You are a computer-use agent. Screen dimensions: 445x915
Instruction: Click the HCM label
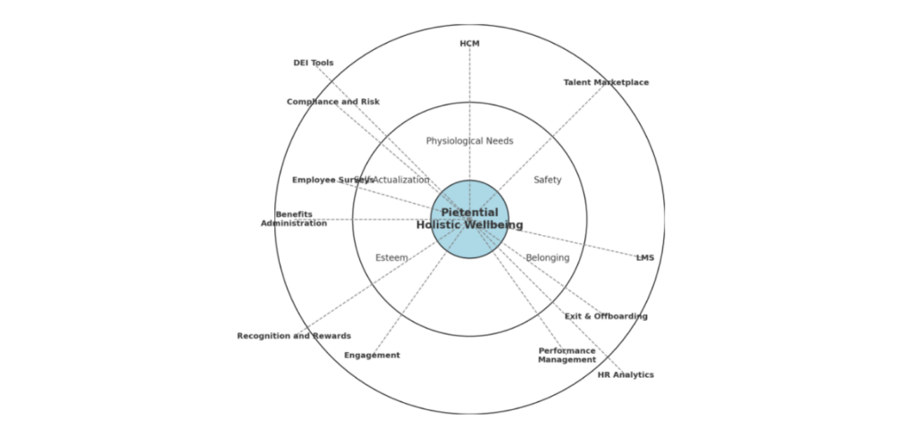pos(469,44)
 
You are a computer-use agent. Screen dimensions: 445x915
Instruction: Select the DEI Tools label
pos(314,63)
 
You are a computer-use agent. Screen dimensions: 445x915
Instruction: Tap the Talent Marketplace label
pos(606,83)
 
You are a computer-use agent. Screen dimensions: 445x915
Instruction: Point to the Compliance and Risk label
pos(332,102)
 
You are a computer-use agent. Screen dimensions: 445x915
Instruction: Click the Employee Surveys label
pos(332,181)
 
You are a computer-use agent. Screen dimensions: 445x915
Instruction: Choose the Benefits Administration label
pos(294,219)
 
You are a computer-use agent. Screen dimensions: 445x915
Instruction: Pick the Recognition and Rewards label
pos(294,337)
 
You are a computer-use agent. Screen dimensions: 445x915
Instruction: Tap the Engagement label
pos(372,356)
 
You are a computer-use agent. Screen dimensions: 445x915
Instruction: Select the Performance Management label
pos(567,356)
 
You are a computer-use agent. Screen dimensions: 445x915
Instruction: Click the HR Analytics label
pos(625,375)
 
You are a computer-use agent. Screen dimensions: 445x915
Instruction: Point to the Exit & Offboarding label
pos(606,316)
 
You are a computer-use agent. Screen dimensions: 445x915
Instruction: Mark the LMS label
pos(645,258)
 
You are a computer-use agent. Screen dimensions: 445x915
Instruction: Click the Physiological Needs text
pos(469,141)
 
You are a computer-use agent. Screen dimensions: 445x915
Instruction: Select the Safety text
pos(548,181)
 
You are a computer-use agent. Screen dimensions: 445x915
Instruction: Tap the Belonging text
pos(548,258)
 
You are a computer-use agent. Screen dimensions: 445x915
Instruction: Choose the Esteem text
pos(391,258)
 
